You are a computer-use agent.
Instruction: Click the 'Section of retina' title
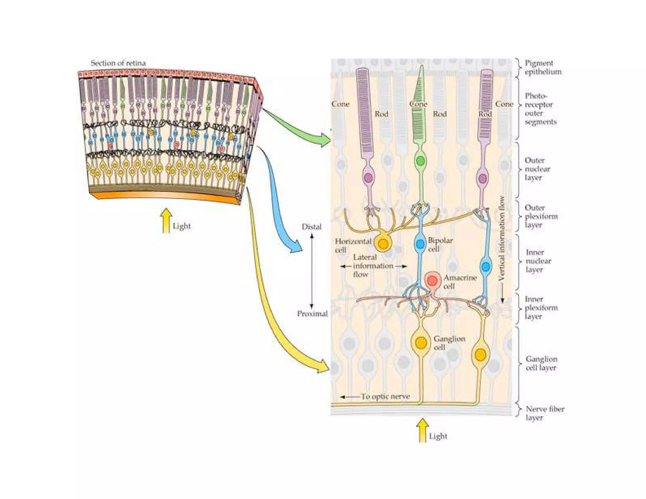(x=118, y=63)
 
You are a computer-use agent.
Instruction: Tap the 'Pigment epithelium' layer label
(x=543, y=68)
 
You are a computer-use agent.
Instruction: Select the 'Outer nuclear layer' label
(x=537, y=169)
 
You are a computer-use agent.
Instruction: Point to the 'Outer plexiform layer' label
(x=541, y=216)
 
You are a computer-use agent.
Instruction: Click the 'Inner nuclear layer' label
(x=538, y=261)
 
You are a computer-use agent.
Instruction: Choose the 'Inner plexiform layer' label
(x=541, y=308)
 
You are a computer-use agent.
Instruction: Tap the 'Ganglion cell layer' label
(x=541, y=363)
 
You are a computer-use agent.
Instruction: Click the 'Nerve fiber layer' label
(x=544, y=414)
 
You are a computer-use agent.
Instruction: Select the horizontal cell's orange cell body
(x=383, y=244)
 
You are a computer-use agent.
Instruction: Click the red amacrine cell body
(x=432, y=280)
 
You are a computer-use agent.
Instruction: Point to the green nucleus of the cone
(x=420, y=161)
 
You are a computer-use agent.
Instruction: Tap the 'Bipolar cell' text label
(x=440, y=245)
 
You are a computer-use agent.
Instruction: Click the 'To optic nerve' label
(x=385, y=397)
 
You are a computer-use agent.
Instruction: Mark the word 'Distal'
(x=311, y=227)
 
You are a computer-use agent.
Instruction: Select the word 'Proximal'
(x=312, y=314)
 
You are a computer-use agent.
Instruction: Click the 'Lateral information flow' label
(x=373, y=266)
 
